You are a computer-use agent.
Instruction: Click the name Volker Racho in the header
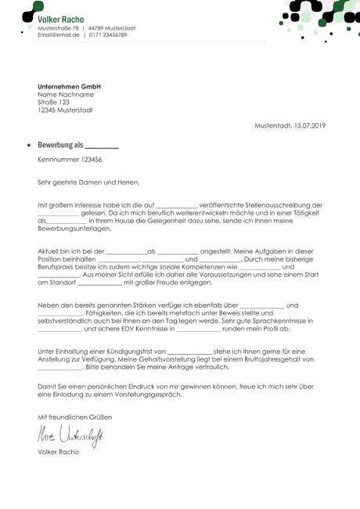[61, 18]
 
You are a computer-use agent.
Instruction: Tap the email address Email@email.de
[59, 34]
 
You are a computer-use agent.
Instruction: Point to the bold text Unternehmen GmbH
[70, 86]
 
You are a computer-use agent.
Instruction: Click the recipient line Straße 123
[53, 102]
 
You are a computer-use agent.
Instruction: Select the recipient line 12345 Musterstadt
[65, 110]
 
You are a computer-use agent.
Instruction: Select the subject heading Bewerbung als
[60, 145]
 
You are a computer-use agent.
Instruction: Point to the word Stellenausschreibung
[271, 204]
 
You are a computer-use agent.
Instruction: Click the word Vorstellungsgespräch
[146, 395]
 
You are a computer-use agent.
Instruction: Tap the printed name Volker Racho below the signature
[57, 453]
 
